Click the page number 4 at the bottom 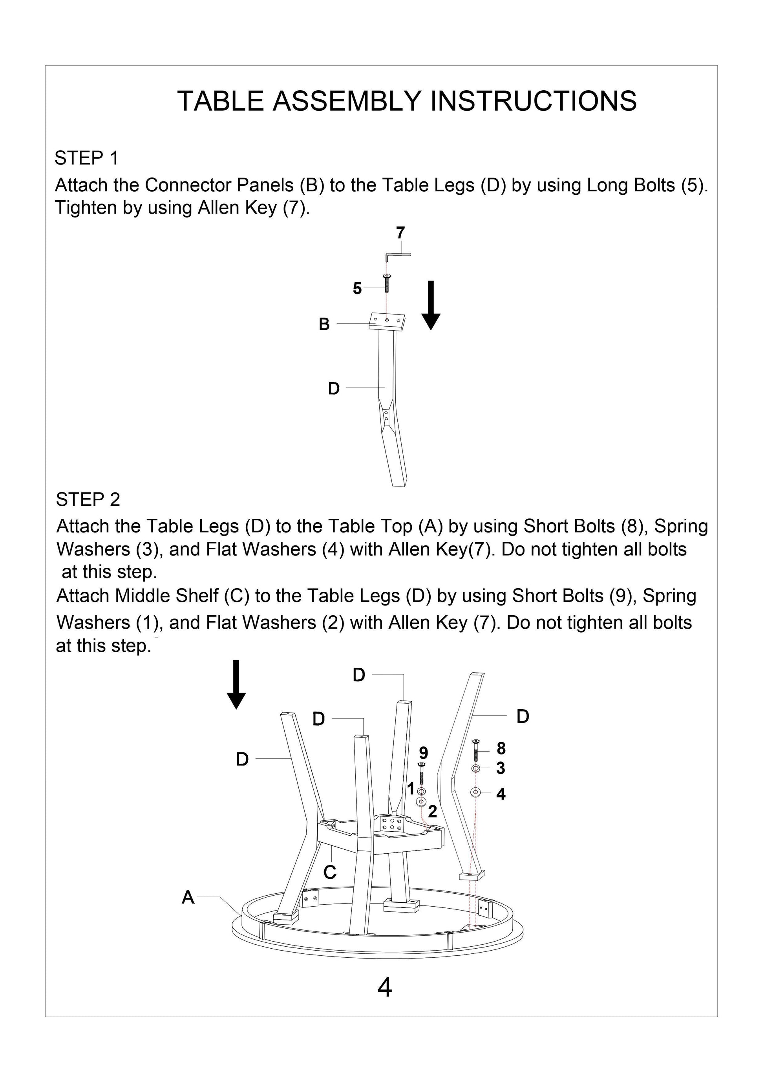[385, 988]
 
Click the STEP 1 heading [87, 158]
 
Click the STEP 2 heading [88, 499]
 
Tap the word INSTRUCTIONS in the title [533, 101]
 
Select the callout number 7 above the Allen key [400, 232]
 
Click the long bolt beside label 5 [386, 284]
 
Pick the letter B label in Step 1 [324, 324]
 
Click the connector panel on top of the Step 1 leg [387, 321]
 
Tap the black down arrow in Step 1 [431, 305]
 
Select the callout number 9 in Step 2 [423, 752]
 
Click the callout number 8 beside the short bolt [501, 748]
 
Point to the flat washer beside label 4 [475, 792]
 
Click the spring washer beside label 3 [475, 768]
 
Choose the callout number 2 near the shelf [432, 811]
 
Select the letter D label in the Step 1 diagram [333, 388]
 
